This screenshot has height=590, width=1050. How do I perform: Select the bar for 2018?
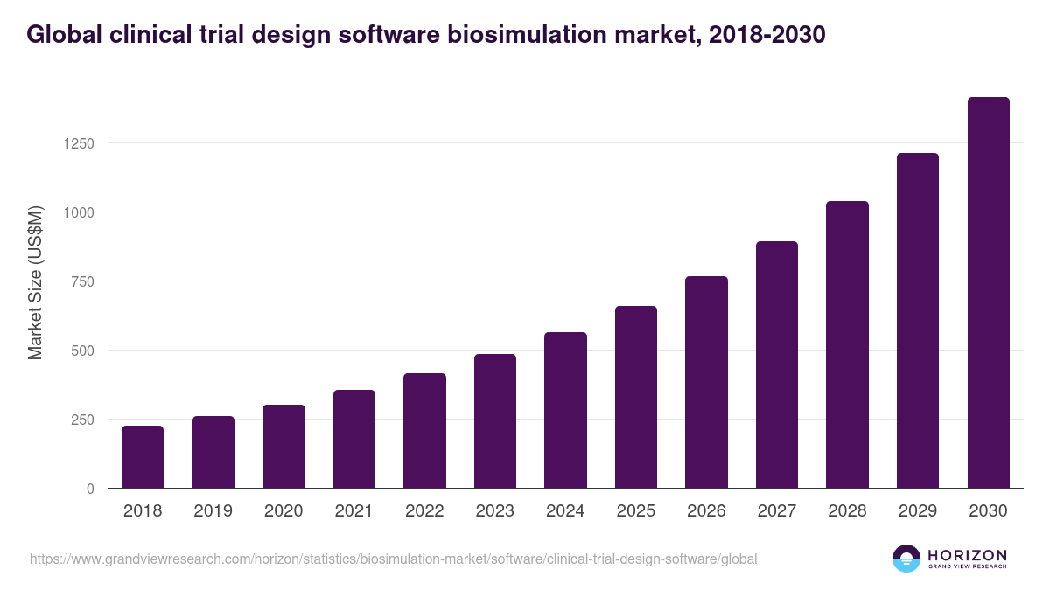tap(143, 457)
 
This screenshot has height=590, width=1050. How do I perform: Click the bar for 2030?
tap(988, 293)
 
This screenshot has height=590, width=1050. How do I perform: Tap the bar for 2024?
tap(565, 410)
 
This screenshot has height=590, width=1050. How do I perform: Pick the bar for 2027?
tap(777, 364)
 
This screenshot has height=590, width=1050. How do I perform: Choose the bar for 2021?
tap(354, 439)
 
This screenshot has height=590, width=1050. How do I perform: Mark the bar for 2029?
tap(918, 321)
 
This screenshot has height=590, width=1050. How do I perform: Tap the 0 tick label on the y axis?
tap(90, 489)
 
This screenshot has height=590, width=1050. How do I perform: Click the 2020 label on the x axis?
tap(283, 511)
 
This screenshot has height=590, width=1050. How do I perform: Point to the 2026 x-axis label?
tap(706, 511)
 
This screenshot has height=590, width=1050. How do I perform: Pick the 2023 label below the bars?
tap(495, 511)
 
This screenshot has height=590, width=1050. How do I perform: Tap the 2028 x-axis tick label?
tap(847, 511)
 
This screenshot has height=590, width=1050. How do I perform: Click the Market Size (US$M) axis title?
tap(35, 282)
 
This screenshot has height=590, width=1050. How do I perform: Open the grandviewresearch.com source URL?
tap(393, 559)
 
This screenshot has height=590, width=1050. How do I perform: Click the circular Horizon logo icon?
tap(906, 559)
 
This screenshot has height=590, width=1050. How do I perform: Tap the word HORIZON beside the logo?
tap(967, 555)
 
